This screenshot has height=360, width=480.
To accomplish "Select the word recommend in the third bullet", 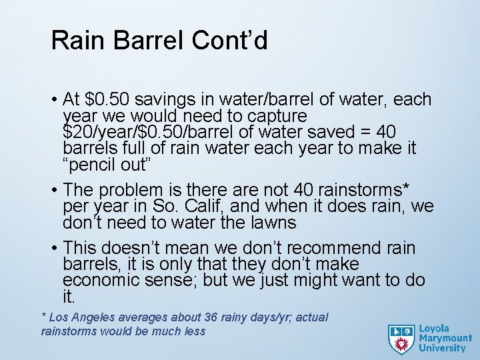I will [x=331, y=249].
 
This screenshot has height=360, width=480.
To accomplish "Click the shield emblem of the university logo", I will [x=401, y=339].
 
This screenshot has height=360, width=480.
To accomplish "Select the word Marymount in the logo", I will [x=445, y=338].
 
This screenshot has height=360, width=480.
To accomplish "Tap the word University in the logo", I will [x=442, y=348].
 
